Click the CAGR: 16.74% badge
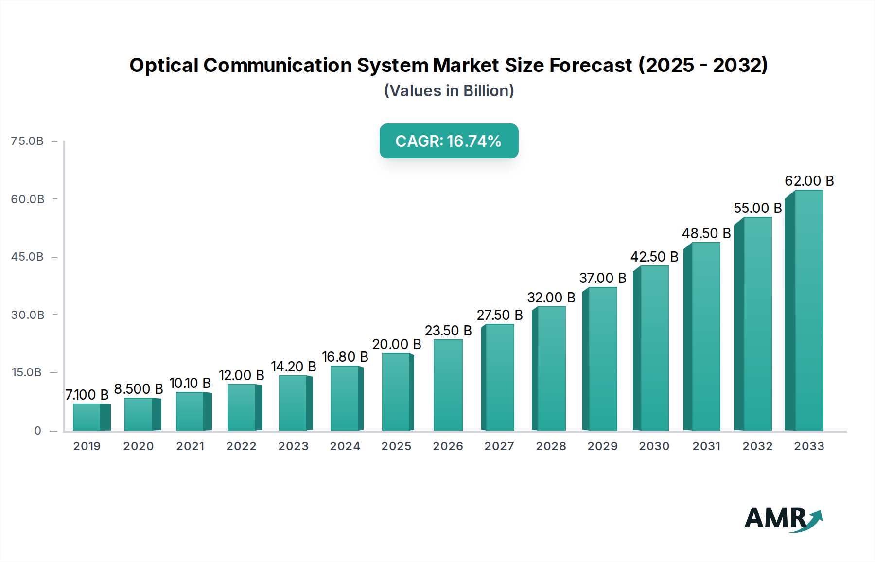[449, 141]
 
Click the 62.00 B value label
[809, 181]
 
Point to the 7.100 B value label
[87, 395]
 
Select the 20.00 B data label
[397, 344]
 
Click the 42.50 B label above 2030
[654, 257]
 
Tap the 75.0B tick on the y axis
[27, 141]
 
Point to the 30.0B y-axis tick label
[28, 315]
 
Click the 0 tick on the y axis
[37, 431]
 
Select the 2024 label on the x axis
[345, 446]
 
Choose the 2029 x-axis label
[602, 446]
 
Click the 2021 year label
[190, 446]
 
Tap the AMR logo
[783, 518]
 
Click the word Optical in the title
[164, 65]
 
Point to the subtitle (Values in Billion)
[449, 91]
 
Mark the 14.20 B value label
[294, 367]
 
